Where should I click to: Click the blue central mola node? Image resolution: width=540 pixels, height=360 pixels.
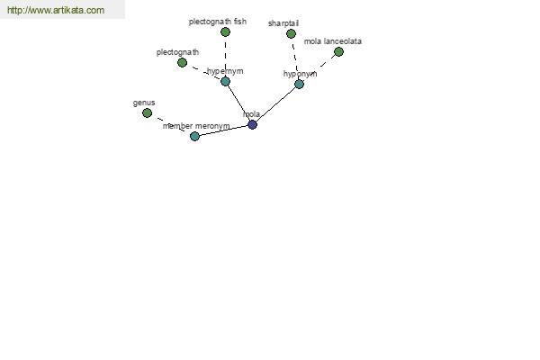pos(252,125)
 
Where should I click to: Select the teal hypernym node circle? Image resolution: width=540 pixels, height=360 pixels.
pos(225,82)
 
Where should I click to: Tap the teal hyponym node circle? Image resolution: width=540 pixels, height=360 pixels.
pos(300,84)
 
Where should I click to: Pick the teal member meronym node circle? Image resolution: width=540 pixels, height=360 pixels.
pos(194,137)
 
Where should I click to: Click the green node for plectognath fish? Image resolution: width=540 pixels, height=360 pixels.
pos(225,32)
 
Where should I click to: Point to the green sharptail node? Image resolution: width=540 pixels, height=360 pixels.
pos(291,34)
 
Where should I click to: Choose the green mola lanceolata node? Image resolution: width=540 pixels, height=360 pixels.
pos(339,52)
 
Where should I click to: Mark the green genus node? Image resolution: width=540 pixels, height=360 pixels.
pos(147,113)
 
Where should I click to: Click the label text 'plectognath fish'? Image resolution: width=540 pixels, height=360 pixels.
pos(218,22)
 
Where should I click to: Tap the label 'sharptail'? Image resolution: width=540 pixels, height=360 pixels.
pos(283,23)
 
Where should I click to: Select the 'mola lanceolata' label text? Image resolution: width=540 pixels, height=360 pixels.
pos(333,41)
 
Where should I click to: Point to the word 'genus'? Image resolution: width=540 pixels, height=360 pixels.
pos(144,103)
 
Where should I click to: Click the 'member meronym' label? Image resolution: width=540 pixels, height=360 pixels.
pos(196,126)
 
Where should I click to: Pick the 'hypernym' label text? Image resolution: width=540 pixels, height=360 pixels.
pos(225,71)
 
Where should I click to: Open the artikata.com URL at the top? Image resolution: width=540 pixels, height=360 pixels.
pos(56,10)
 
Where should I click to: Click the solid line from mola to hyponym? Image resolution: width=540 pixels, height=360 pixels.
pos(276,104)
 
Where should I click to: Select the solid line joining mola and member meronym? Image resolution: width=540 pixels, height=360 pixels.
pos(223,130)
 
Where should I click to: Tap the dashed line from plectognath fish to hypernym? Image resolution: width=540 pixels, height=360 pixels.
pos(225,57)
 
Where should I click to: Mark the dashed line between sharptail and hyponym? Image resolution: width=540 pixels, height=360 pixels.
pos(295,58)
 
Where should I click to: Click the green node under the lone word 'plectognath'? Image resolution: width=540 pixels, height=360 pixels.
pos(182,63)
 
